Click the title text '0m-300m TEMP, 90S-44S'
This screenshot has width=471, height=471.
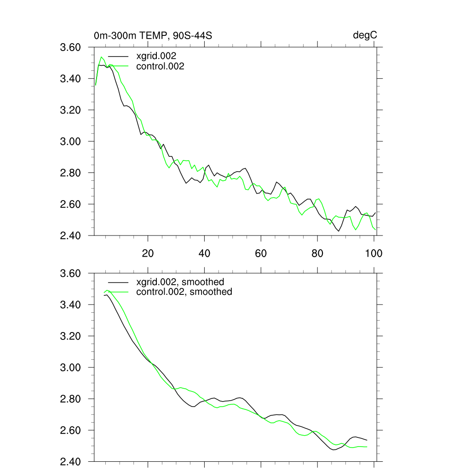pos(153,35)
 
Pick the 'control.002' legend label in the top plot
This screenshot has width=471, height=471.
pos(160,66)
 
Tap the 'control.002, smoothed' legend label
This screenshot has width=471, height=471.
pos(184,292)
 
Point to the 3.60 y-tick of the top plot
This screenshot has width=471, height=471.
pos(71,47)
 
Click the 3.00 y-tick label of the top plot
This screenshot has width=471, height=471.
pos(71,141)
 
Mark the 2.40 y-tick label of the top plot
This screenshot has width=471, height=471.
pos(71,235)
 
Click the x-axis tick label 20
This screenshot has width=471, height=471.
pos(148,253)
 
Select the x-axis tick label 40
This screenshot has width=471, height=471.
pos(204,253)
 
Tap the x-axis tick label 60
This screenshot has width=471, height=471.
pos(261,253)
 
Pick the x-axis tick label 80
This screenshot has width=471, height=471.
pos(317,253)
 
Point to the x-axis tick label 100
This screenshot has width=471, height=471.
pos(373,253)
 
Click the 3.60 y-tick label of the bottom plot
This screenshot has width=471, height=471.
pos(71,274)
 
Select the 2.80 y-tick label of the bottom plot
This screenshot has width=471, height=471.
pos(71,399)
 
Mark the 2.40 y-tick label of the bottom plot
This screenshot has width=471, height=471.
pos(71,461)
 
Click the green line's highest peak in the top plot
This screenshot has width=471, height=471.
pos(102,57)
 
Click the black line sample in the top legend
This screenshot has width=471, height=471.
pos(117,56)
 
